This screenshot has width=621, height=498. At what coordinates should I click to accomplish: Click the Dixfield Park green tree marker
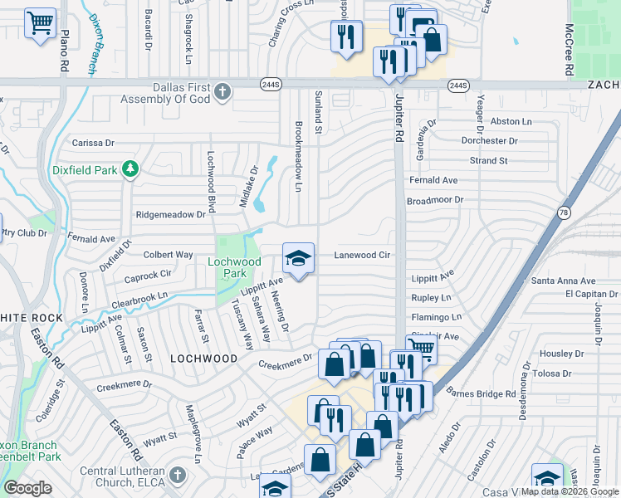[130, 170]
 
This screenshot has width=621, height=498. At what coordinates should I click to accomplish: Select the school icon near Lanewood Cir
[299, 259]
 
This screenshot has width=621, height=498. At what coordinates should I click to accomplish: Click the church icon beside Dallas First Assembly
[222, 91]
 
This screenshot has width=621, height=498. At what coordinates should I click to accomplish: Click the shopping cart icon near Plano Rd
[40, 22]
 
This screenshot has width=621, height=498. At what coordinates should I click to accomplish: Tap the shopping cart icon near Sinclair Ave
[421, 349]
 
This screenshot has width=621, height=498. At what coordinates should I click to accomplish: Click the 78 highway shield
[564, 212]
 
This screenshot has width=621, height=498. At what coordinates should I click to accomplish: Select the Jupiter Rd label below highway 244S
[400, 120]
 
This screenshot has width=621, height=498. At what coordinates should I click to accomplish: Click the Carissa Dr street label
[92, 143]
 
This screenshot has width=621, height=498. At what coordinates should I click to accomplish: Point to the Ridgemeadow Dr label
[170, 214]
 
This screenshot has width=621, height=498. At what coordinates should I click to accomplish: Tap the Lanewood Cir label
[362, 256]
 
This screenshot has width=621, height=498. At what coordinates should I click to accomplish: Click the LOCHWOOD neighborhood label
[199, 358]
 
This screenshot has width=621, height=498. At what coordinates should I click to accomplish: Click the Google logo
[28, 488]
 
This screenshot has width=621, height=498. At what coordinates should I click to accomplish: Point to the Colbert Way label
[168, 254]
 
